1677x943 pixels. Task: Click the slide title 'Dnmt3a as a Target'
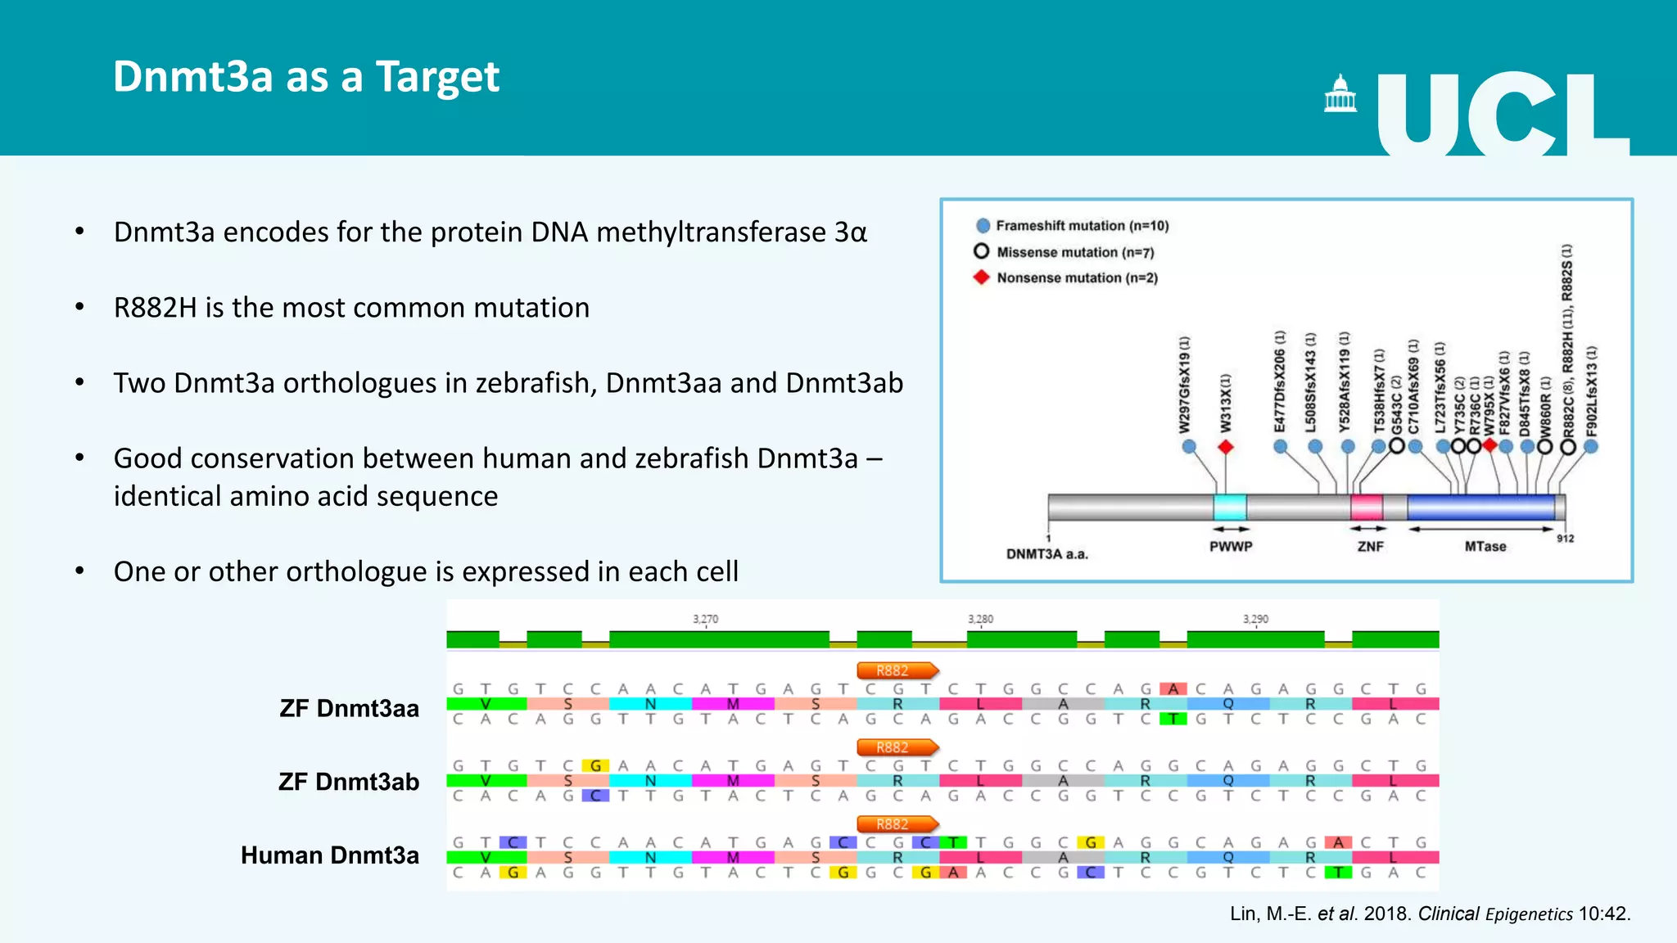(x=305, y=77)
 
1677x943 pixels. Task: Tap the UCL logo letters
(x=1503, y=114)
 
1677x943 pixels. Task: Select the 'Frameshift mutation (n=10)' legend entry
(x=1081, y=226)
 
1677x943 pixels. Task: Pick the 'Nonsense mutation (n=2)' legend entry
(x=1076, y=278)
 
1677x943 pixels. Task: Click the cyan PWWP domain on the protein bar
(x=1230, y=508)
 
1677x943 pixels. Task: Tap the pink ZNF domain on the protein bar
(x=1367, y=508)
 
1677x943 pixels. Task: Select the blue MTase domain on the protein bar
(x=1480, y=508)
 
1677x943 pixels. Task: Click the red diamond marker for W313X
(x=1226, y=447)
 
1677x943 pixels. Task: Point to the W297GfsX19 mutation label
(x=1185, y=385)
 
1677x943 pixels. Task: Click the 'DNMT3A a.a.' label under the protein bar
(x=1046, y=554)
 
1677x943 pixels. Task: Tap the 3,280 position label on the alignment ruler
(x=980, y=619)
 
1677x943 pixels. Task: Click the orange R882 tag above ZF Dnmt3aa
(x=896, y=670)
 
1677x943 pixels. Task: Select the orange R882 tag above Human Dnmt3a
(x=896, y=824)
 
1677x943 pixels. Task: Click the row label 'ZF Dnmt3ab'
(x=349, y=782)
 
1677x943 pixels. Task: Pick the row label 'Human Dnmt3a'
(x=330, y=855)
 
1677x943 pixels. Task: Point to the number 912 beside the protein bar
(x=1565, y=539)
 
